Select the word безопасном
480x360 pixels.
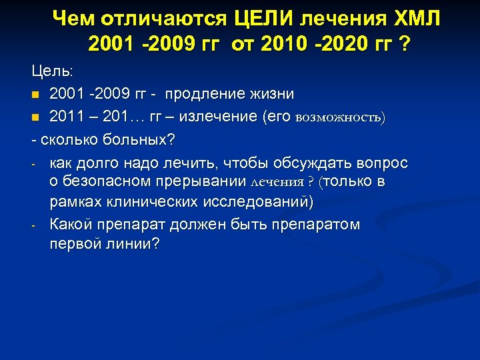click(107, 182)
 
